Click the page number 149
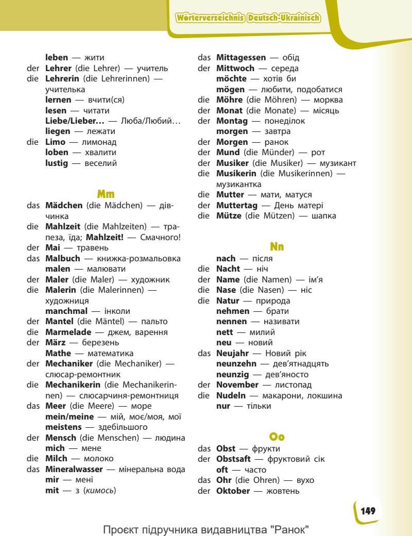click(x=368, y=511)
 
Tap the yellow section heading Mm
click(x=106, y=194)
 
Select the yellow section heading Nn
click(x=277, y=247)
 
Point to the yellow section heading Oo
click(x=277, y=437)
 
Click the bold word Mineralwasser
click(x=74, y=469)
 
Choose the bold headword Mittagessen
click(x=241, y=58)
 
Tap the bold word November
click(x=237, y=384)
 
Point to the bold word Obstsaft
click(x=234, y=459)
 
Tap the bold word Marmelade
click(x=68, y=332)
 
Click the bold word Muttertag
click(x=236, y=205)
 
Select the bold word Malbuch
click(x=62, y=258)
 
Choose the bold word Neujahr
click(x=232, y=353)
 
